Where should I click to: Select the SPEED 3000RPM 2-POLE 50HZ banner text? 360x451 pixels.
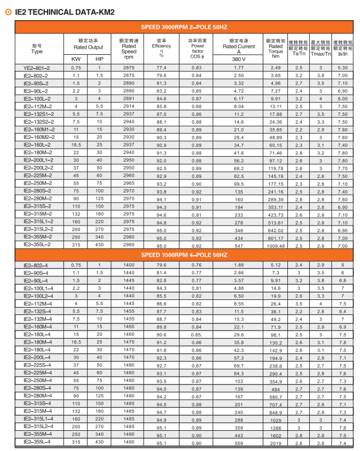(x=184, y=27)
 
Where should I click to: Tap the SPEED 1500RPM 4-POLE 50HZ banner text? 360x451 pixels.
(x=184, y=255)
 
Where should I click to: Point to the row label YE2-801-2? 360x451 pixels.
(x=36, y=68)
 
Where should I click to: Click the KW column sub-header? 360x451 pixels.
(x=76, y=59)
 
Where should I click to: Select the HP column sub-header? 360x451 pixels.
(x=100, y=59)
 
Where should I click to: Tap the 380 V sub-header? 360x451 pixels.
(x=239, y=59)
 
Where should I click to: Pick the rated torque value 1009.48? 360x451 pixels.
(x=276, y=245)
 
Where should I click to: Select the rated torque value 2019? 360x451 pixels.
(x=276, y=443)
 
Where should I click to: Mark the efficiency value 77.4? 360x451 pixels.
(x=162, y=68)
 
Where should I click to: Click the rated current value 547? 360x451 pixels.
(x=239, y=245)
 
